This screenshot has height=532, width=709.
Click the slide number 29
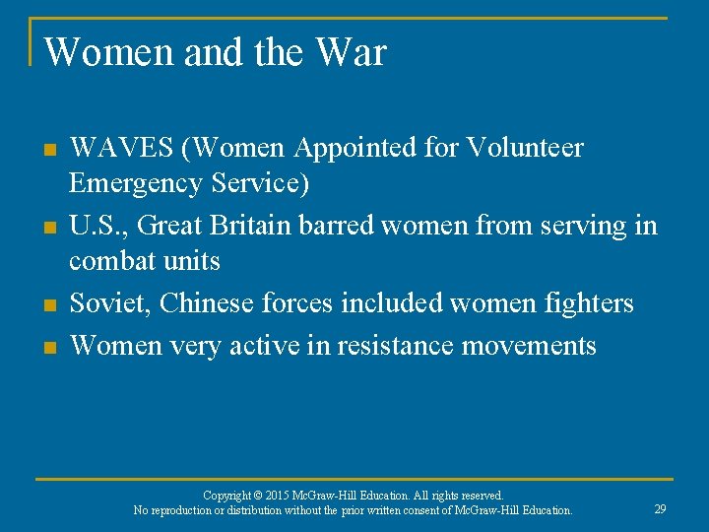660,509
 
